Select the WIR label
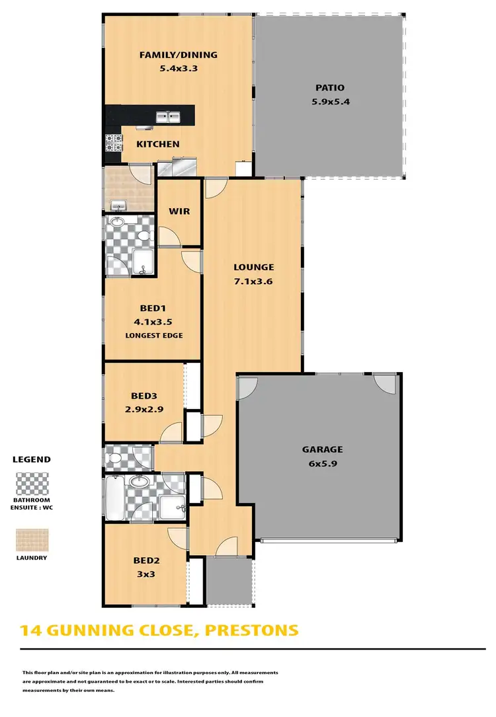pos(179,211)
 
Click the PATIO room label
pos(329,88)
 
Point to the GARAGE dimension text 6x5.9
pos(322,463)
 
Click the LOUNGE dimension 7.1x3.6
pos(253,280)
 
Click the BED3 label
pos(143,396)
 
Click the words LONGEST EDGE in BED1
pos(153,336)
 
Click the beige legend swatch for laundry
pos(31,539)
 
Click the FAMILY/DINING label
pos(178,55)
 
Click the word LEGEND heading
pos(31,459)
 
